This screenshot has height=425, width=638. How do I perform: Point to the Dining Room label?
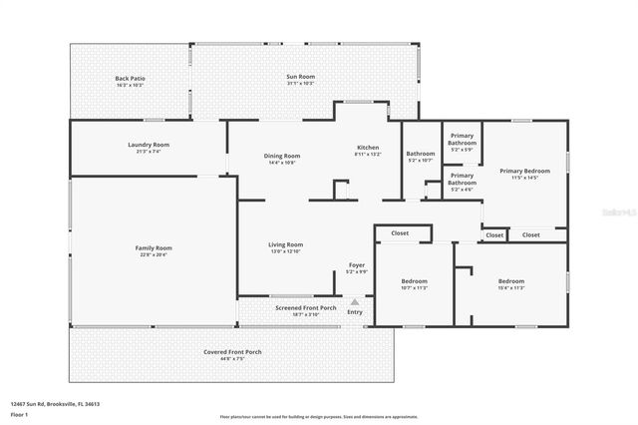(282, 158)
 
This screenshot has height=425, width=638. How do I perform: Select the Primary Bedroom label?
(524, 174)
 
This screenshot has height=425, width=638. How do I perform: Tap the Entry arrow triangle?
(354, 300)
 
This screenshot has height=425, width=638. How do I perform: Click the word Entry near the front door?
(355, 312)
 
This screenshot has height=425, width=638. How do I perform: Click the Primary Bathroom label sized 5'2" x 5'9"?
(462, 140)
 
